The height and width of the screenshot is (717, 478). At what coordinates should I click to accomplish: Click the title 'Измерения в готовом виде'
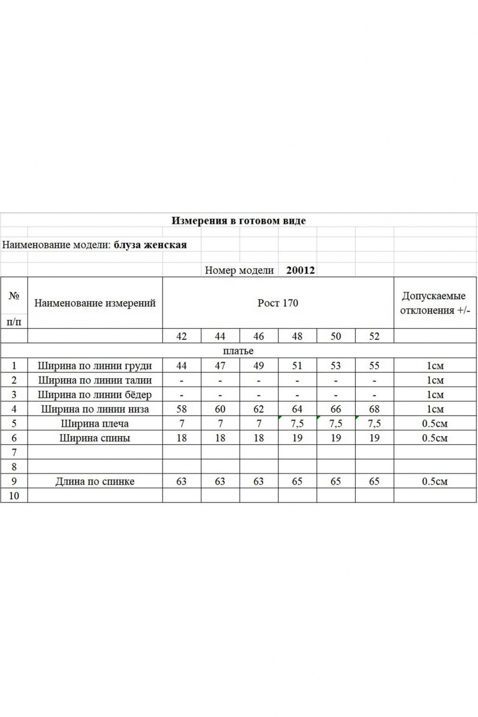(x=238, y=220)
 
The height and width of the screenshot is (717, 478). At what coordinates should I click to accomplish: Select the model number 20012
(x=300, y=270)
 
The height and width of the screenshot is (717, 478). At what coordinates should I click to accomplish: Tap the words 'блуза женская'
(x=150, y=245)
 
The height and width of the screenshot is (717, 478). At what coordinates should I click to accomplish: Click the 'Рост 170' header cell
(x=278, y=303)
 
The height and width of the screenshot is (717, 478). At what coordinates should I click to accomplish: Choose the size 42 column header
(x=182, y=337)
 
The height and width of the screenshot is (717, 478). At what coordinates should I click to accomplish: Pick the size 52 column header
(x=374, y=337)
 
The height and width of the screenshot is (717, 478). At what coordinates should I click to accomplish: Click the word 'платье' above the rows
(x=239, y=351)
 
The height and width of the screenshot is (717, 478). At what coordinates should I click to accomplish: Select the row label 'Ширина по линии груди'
(x=95, y=366)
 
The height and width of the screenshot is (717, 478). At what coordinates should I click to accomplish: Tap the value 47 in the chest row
(x=220, y=366)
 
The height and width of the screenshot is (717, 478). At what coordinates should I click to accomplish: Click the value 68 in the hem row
(x=374, y=409)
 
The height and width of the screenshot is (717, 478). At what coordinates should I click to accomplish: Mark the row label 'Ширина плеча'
(x=95, y=424)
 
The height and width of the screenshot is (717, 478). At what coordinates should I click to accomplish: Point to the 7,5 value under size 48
(x=297, y=424)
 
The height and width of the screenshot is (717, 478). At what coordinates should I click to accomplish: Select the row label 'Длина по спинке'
(x=95, y=481)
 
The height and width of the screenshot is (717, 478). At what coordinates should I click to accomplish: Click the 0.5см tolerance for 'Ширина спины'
(x=435, y=438)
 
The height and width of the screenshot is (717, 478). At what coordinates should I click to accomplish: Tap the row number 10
(x=14, y=495)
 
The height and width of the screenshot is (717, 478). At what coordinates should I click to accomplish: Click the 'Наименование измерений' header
(x=95, y=303)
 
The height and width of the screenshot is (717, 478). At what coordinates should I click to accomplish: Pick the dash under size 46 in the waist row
(x=258, y=380)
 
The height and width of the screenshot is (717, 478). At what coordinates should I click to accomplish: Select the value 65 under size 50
(x=335, y=481)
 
